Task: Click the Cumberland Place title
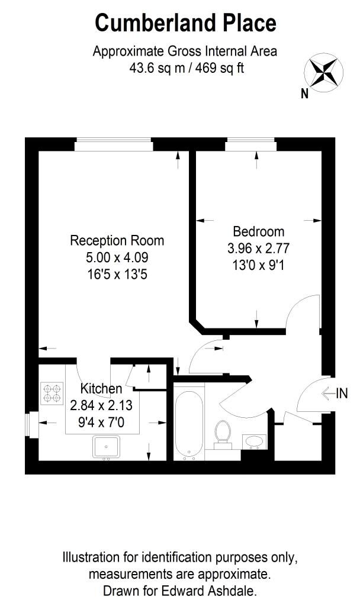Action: [185, 23]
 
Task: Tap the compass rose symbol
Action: [324, 73]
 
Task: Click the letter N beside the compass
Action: [305, 93]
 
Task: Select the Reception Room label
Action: [117, 240]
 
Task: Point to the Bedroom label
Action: [259, 231]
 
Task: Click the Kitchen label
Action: [101, 388]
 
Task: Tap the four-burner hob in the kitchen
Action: [52, 394]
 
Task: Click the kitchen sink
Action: [107, 447]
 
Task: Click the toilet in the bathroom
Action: [223, 435]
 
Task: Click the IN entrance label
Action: [342, 394]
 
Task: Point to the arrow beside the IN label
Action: [328, 394]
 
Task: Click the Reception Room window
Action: [114, 144]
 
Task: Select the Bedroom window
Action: [251, 144]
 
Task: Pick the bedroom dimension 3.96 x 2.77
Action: [259, 249]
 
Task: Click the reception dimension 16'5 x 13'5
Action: [117, 275]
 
